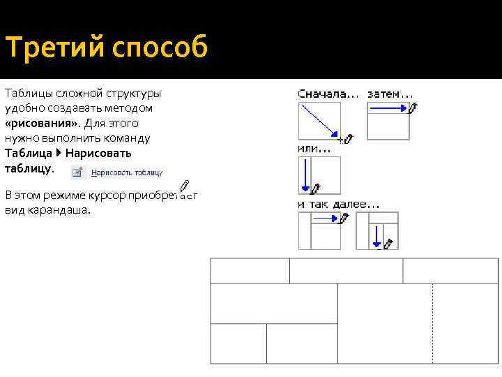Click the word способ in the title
click(x=158, y=49)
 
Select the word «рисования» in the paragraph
click(x=42, y=123)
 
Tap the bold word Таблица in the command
click(x=28, y=153)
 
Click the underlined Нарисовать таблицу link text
click(x=127, y=172)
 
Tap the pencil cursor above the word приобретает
click(x=184, y=186)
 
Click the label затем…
click(x=390, y=94)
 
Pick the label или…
click(x=314, y=148)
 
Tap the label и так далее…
click(x=339, y=204)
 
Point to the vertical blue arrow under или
click(x=305, y=175)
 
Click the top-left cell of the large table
click(x=250, y=270)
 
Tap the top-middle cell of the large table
click(x=346, y=270)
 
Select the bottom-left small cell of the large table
click(x=238, y=343)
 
